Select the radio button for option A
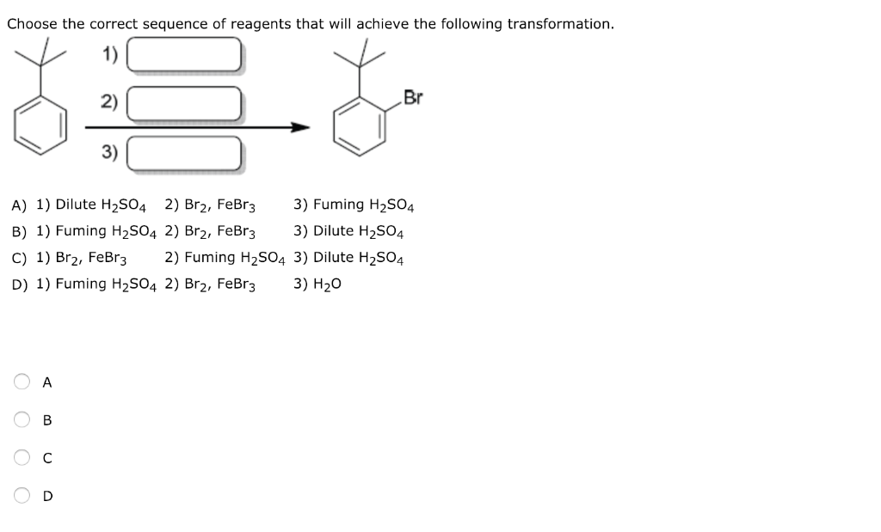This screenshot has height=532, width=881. click(21, 382)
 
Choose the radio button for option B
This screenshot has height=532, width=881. click(21, 420)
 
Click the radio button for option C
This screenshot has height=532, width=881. click(21, 458)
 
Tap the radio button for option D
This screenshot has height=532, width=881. click(21, 496)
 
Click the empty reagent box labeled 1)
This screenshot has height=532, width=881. click(183, 55)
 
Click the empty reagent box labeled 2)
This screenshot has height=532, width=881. click(183, 104)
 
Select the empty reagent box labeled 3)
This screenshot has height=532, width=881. click(183, 154)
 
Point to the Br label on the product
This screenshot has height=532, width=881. click(413, 98)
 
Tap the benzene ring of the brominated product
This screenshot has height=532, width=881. click(360, 127)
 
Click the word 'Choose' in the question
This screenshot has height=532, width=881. click(31, 24)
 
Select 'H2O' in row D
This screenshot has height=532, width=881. click(328, 284)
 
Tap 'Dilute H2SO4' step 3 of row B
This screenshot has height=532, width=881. click(359, 231)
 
